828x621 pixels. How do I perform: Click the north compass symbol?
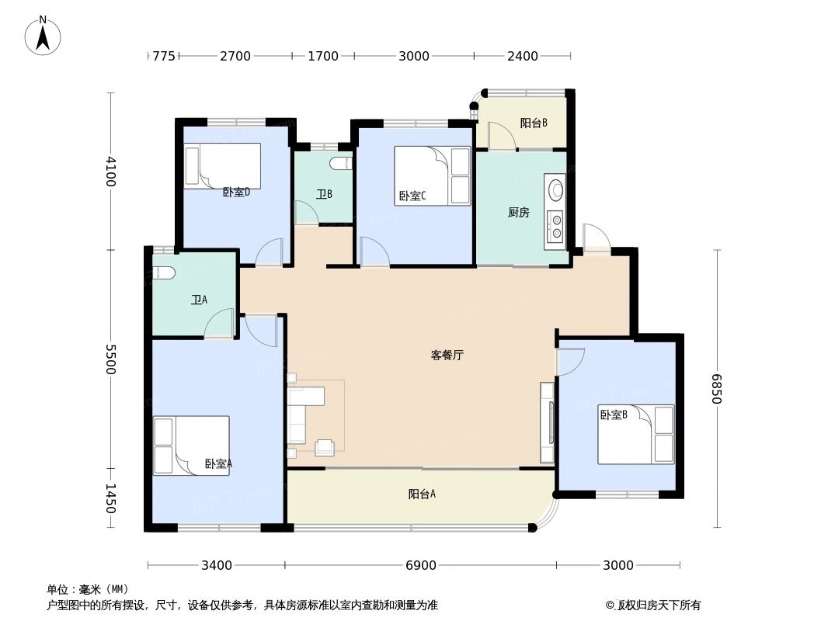(x=43, y=35)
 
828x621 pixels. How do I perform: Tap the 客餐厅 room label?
(x=447, y=356)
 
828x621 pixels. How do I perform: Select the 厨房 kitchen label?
(x=518, y=212)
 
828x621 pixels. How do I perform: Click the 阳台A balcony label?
(x=422, y=494)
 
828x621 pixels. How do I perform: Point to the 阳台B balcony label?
(x=534, y=123)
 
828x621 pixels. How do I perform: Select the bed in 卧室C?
(x=432, y=175)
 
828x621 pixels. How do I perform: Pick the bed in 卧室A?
(x=191, y=445)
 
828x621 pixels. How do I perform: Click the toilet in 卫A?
(x=163, y=272)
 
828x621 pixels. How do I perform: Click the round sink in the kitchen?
(x=557, y=189)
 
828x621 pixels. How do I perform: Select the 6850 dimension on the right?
(x=717, y=388)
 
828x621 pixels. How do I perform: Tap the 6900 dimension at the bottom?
(x=421, y=565)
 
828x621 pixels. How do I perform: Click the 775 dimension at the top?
(x=164, y=56)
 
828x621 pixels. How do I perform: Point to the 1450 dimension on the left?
(x=110, y=498)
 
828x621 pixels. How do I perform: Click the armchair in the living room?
(x=325, y=447)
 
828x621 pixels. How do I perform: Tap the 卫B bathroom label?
(x=324, y=194)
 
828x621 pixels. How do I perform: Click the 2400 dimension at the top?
(x=523, y=56)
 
